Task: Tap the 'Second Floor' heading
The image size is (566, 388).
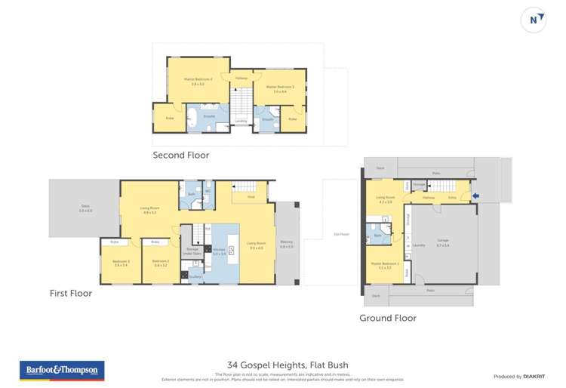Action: point(181,156)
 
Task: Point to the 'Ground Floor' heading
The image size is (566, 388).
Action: point(387,318)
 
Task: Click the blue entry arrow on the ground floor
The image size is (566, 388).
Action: point(475,198)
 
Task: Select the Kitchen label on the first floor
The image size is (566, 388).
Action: point(219,252)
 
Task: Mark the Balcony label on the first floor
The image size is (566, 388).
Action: point(287,243)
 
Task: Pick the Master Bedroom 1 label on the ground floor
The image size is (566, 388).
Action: point(383,265)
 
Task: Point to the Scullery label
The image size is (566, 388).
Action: point(197,276)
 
